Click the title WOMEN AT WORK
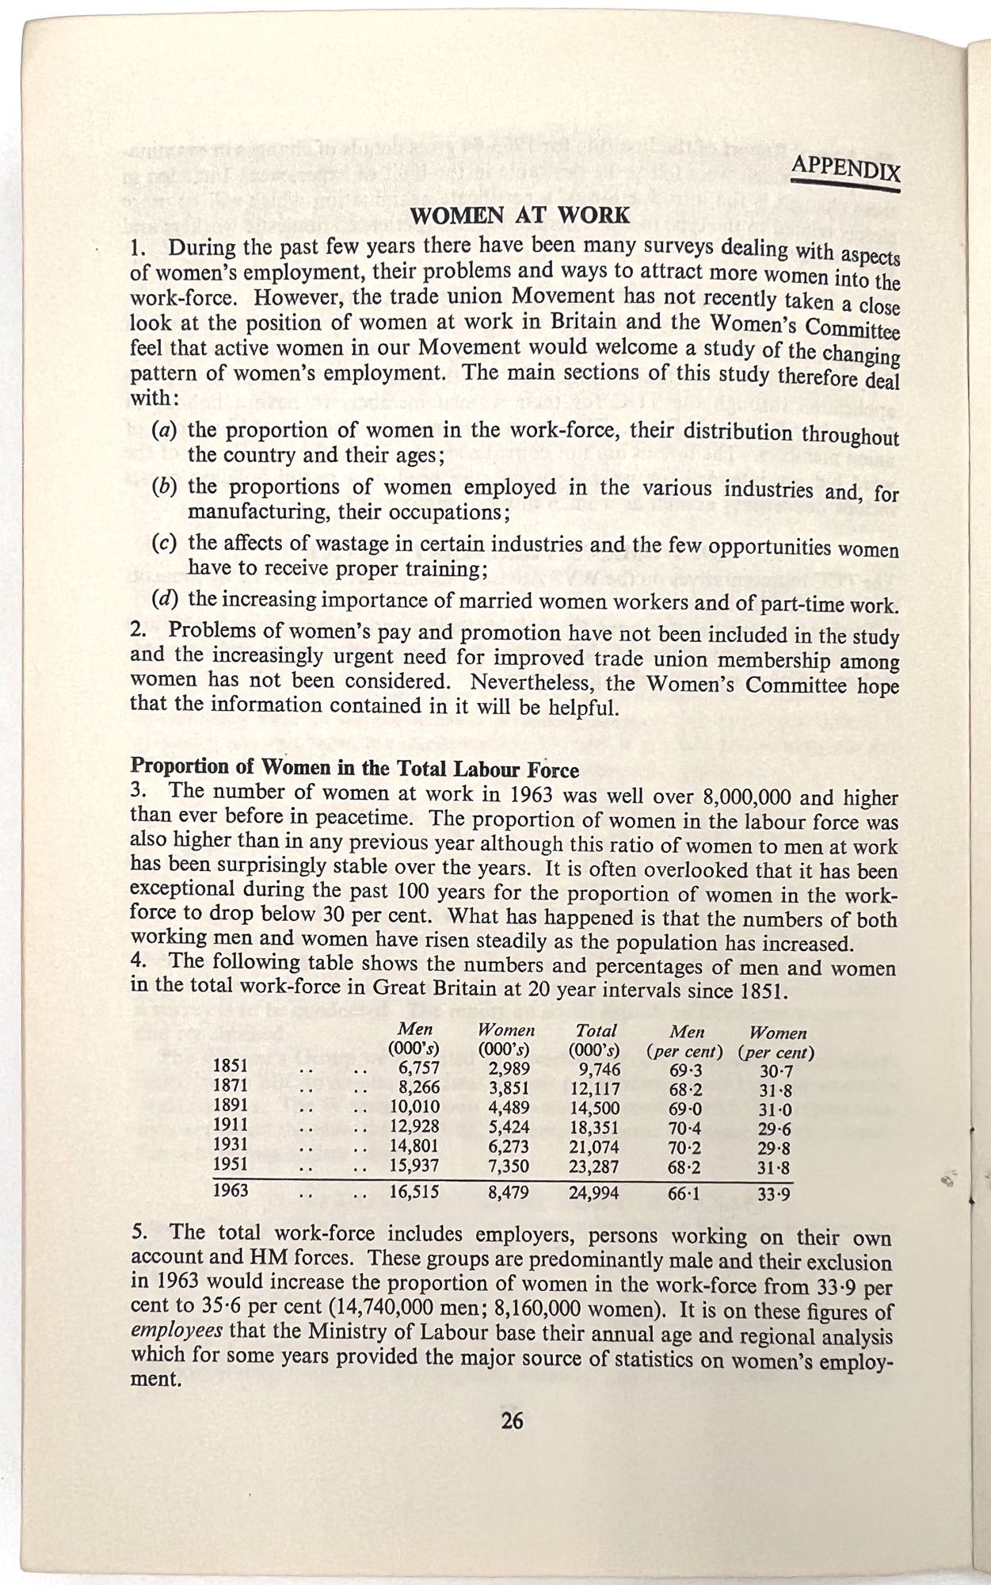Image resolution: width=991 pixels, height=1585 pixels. click(520, 216)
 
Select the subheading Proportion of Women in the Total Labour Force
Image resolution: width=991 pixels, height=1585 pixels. click(354, 768)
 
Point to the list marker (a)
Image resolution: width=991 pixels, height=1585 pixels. click(164, 430)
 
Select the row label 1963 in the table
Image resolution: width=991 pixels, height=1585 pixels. click(231, 1190)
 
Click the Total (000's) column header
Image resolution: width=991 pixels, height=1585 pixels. click(595, 1040)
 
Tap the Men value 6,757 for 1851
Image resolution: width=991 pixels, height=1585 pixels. click(419, 1067)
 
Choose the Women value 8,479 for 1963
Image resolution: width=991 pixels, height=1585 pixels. click(509, 1193)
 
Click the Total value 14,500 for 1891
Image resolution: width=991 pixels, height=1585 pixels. click(594, 1108)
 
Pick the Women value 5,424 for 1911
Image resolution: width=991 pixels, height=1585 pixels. click(509, 1127)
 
